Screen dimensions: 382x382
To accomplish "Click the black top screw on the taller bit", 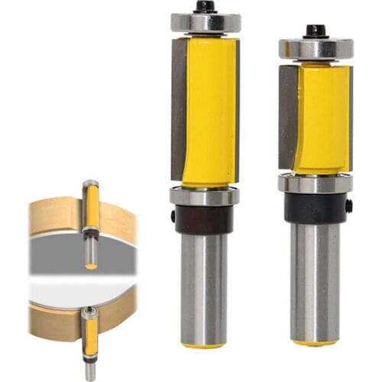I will click(x=204, y=6).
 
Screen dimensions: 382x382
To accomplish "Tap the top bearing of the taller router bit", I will click(x=205, y=22).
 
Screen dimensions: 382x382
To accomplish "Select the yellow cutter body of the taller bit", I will click(x=209, y=111).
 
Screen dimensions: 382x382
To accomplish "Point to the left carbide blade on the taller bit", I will click(x=179, y=107).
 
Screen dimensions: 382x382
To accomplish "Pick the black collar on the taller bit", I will click(x=204, y=220).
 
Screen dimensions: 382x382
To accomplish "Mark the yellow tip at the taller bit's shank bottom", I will click(x=204, y=345).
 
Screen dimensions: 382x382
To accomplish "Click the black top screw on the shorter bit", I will click(x=316, y=31).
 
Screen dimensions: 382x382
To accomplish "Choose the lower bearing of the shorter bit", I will click(x=316, y=183).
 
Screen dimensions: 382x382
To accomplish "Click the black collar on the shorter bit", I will click(x=316, y=208).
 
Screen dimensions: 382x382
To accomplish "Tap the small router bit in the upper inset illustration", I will click(x=91, y=222).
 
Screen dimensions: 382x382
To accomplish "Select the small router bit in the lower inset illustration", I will click(x=90, y=340).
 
